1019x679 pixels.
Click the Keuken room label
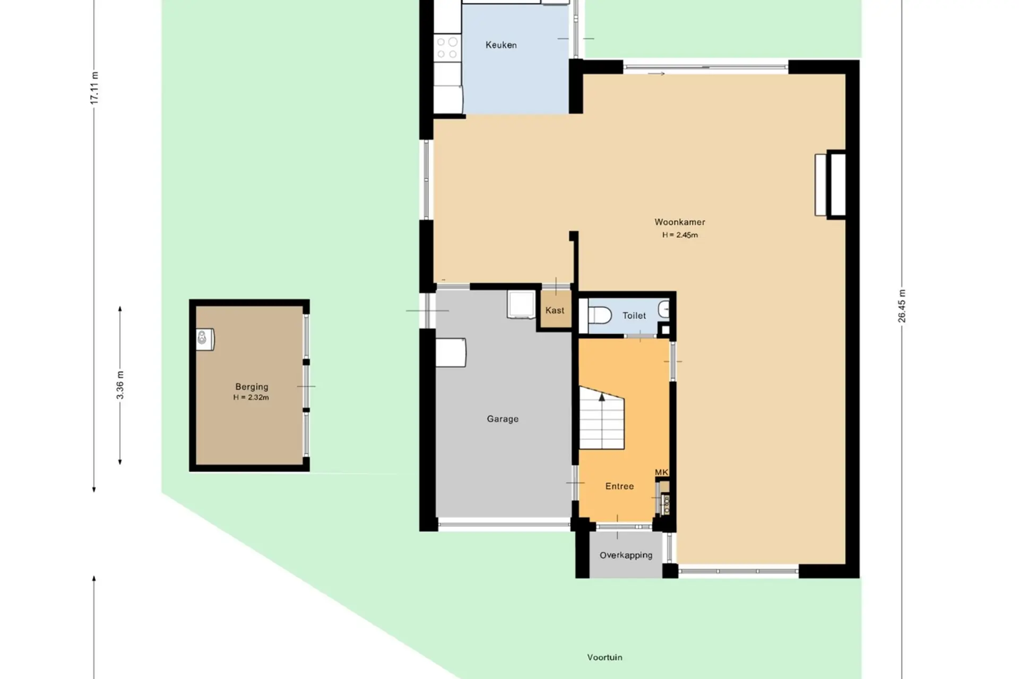[501, 45]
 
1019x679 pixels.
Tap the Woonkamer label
[679, 222]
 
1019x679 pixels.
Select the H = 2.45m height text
[680, 235]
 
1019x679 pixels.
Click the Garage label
[503, 419]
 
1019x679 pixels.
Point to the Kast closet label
[555, 310]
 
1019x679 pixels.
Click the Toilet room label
[634, 316]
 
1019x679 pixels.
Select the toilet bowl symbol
[599, 315]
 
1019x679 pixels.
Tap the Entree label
[619, 486]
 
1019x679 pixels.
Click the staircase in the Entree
[601, 418]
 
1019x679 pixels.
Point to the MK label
[661, 472]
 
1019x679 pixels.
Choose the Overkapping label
[626, 555]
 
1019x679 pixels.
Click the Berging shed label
[252, 387]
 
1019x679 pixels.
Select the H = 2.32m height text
[251, 397]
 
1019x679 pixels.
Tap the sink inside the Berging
[205, 339]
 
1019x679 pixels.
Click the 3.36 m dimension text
[120, 385]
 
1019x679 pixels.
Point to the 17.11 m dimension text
[94, 88]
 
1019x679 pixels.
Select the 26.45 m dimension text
[902, 306]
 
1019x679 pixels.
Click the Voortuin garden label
[605, 657]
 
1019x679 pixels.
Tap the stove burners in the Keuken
[447, 48]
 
